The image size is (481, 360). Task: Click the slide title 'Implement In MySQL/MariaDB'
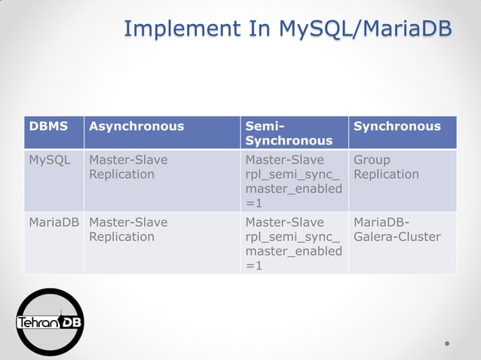[288, 28]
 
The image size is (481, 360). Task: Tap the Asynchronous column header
[136, 127]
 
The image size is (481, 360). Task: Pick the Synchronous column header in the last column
[397, 127]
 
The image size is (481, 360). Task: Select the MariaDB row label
[54, 222]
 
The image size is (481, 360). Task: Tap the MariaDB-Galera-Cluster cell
[397, 229]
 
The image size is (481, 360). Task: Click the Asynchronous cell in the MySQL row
[128, 167]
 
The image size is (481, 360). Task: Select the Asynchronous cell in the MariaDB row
[128, 229]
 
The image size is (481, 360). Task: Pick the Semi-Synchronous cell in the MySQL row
[293, 181]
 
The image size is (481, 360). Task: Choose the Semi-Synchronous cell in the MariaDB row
[293, 243]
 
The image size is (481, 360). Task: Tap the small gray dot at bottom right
[447, 343]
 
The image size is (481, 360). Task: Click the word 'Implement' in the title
[178, 28]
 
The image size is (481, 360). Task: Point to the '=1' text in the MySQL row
[254, 203]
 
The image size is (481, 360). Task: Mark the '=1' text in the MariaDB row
[254, 265]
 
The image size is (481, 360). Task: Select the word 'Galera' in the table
[375, 236]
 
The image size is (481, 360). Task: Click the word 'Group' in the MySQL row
[372, 160]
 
